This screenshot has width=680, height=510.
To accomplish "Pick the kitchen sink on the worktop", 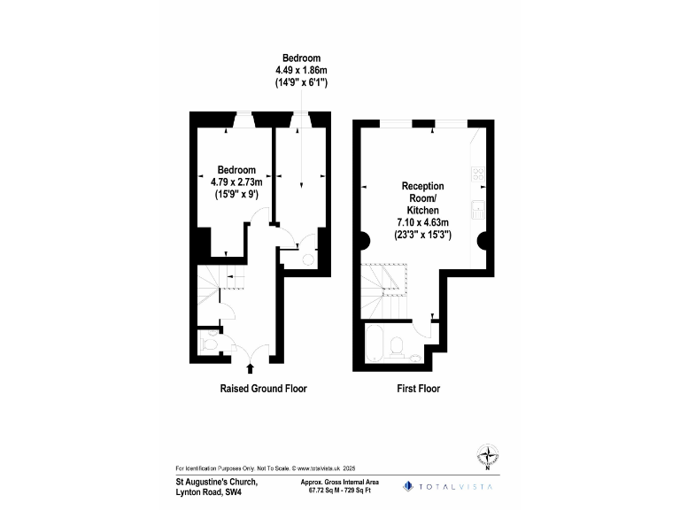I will click(478, 210).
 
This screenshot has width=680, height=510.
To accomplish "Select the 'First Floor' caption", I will click(418, 389).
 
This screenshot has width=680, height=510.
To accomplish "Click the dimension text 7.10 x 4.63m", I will click(423, 223).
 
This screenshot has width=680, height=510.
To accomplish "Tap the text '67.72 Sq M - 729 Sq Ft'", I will click(340, 490).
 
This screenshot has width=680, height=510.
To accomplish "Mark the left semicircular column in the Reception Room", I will click(365, 238).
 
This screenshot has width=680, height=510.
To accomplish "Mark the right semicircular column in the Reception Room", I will click(482, 238).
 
